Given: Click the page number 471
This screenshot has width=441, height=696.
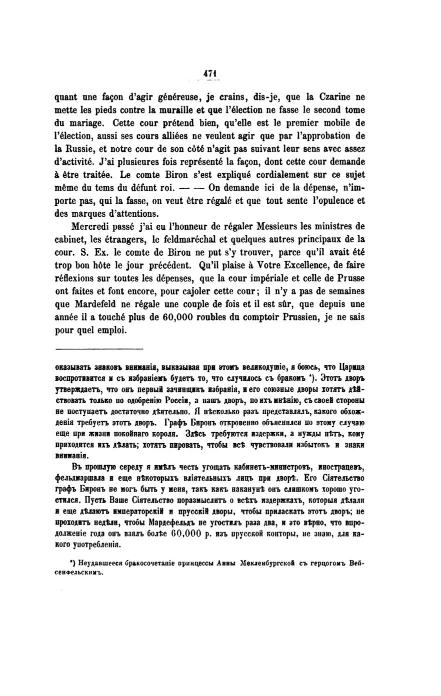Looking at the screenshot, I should click(x=209, y=73).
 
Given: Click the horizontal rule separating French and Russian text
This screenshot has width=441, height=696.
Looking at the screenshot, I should click(x=99, y=349).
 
